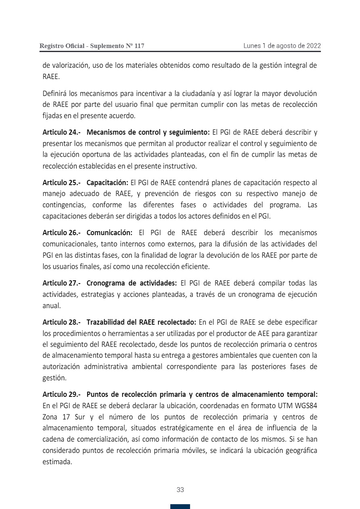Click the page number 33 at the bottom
(180, 490)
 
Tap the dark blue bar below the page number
(180, 507)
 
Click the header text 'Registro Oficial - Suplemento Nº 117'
(92, 46)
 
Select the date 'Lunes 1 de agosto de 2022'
(282, 46)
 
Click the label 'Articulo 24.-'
(62, 132)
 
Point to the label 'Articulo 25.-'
(62, 182)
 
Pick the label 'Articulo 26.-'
(62, 233)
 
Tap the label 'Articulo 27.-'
(62, 283)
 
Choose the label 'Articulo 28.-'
(62, 322)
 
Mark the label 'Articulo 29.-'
(62, 394)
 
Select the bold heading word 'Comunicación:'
(109, 233)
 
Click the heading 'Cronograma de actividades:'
(132, 283)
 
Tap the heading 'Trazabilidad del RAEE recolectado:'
(141, 322)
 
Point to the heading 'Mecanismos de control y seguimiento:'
(148, 132)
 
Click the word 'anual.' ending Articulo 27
(51, 306)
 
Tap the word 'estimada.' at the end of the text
(57, 462)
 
